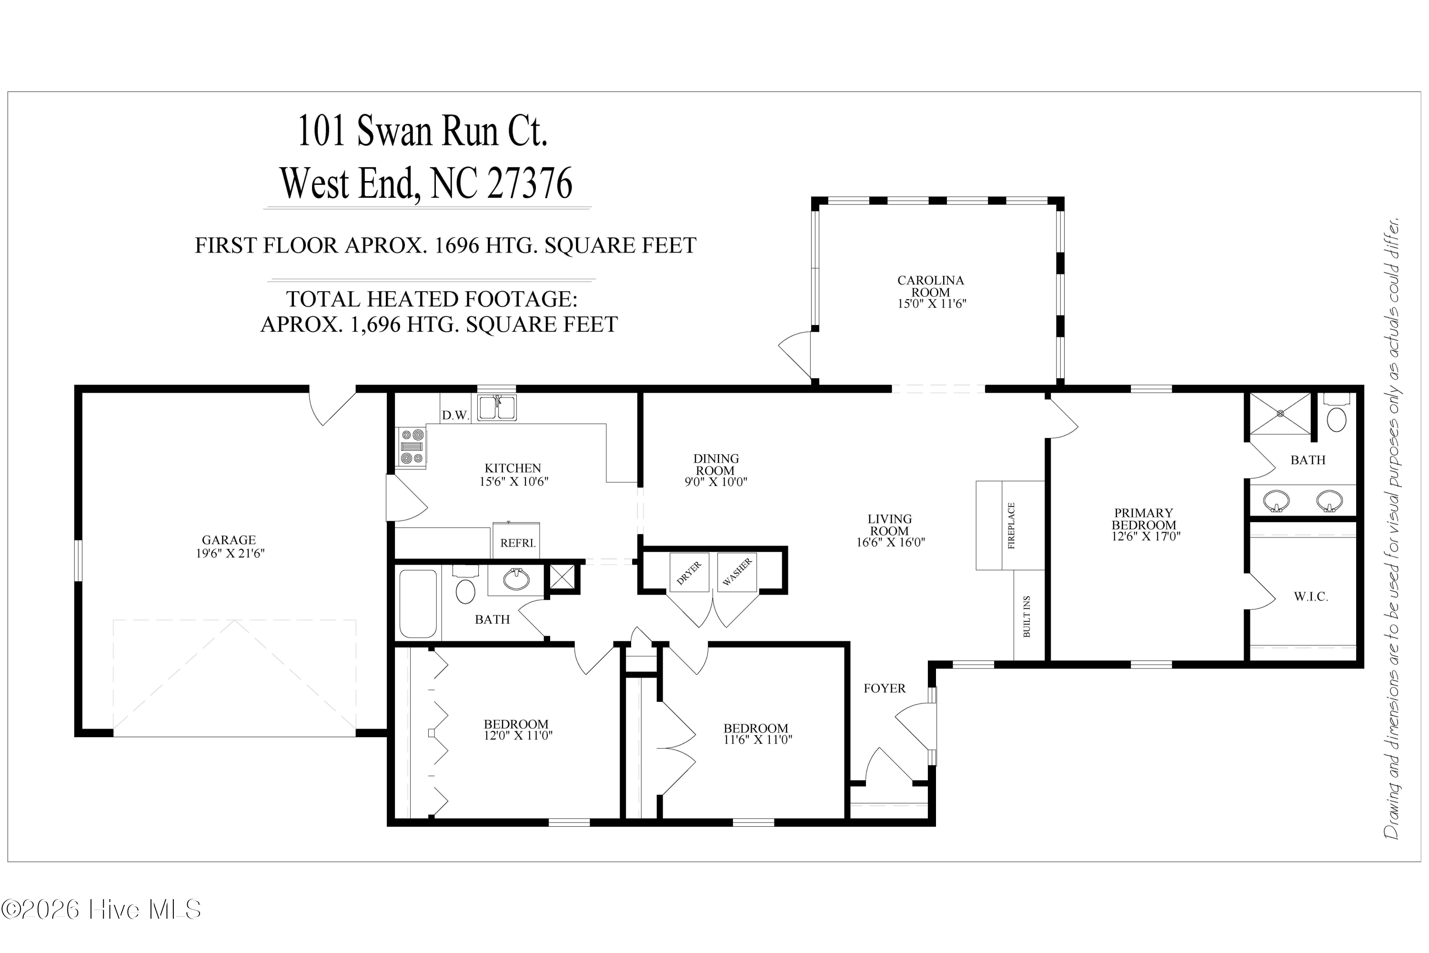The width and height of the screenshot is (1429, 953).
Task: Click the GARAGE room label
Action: click(x=229, y=540)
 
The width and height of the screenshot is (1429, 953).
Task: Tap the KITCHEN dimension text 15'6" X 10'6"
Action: click(x=513, y=481)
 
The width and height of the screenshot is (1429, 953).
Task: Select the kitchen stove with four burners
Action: click(x=412, y=447)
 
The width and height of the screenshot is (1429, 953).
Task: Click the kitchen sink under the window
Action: click(x=496, y=407)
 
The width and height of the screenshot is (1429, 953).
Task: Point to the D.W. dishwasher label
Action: click(x=455, y=415)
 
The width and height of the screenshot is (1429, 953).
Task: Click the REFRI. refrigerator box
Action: click(x=517, y=540)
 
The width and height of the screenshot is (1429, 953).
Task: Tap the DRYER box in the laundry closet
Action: click(x=689, y=572)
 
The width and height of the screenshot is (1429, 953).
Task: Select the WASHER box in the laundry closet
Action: click(x=737, y=572)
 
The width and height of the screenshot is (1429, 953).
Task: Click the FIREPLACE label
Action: click(x=1011, y=525)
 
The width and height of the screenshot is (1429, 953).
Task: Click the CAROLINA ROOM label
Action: click(x=930, y=286)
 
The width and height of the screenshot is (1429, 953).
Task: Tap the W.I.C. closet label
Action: click(x=1310, y=597)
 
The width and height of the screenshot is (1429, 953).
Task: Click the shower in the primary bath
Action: click(x=1279, y=414)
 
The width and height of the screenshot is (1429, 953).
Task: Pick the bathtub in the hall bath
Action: click(x=418, y=604)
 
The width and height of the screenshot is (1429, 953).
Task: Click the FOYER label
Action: click(x=884, y=688)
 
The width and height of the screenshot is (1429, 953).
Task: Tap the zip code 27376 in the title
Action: click(x=529, y=183)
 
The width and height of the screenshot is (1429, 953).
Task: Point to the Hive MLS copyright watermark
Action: click(x=101, y=910)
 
